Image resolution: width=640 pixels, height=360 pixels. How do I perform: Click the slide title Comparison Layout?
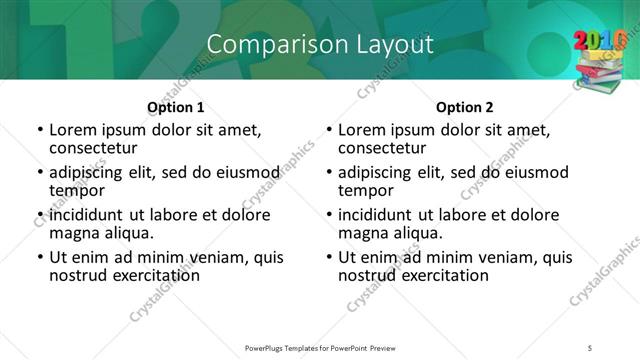(320, 44)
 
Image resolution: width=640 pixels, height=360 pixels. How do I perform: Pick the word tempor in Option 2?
(365, 190)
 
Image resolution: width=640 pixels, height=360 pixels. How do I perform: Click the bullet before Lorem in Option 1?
(39, 130)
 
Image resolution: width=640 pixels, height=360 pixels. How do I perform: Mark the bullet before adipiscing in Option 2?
(329, 173)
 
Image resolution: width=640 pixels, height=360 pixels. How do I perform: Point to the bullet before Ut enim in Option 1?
(39, 258)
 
